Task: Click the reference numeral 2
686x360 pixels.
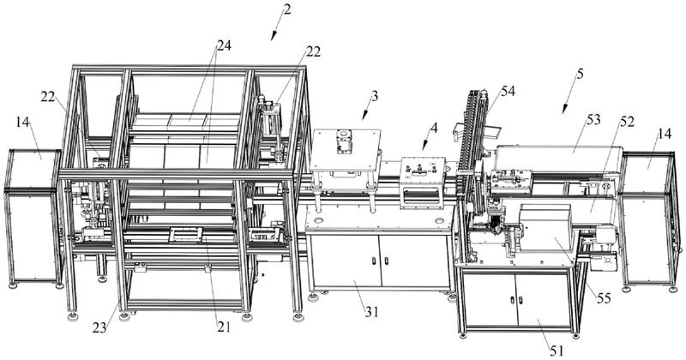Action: click(286, 9)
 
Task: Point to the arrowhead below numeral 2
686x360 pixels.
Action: click(274, 37)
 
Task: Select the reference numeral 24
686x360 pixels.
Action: click(223, 45)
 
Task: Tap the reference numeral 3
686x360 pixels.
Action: click(375, 96)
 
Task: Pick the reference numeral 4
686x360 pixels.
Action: click(434, 129)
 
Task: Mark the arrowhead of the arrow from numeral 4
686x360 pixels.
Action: click(424, 147)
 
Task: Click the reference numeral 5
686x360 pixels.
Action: click(580, 75)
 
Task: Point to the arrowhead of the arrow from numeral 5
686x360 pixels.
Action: click(564, 110)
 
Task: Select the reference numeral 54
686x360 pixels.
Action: click(508, 91)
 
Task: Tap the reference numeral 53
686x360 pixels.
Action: click(593, 119)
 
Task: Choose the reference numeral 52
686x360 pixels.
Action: click(627, 122)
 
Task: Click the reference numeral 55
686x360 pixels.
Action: click(604, 299)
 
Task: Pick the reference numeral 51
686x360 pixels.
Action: click(556, 351)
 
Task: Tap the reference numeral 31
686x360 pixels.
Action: click(371, 312)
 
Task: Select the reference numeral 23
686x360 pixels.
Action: click(99, 327)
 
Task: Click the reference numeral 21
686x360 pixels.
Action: click(223, 327)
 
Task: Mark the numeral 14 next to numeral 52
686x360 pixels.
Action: click(664, 133)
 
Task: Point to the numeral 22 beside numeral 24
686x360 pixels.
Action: click(313, 51)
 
